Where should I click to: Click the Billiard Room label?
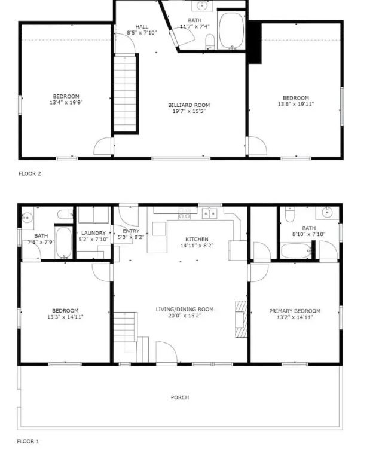click(x=189, y=105)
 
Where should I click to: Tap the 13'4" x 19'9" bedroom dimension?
click(x=66, y=102)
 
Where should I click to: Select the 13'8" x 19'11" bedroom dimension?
click(x=296, y=104)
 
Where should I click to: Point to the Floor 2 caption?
click(x=29, y=173)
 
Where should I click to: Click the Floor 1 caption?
click(x=28, y=442)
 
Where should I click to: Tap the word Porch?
click(x=180, y=397)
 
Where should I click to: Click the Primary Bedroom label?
click(x=295, y=311)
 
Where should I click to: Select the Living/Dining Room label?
click(x=184, y=309)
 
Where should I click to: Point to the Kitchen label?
click(x=197, y=239)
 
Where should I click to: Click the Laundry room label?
click(x=93, y=233)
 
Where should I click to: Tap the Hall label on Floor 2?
click(x=142, y=27)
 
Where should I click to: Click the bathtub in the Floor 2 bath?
click(x=231, y=30)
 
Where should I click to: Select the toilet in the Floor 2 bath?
click(x=210, y=42)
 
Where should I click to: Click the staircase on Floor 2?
click(x=126, y=93)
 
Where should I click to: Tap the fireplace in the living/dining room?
click(x=241, y=319)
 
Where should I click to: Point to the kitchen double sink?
click(x=209, y=213)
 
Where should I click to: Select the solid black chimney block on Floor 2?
click(x=255, y=43)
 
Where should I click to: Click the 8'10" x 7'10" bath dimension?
click(x=309, y=234)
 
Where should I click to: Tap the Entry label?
click(x=131, y=231)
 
